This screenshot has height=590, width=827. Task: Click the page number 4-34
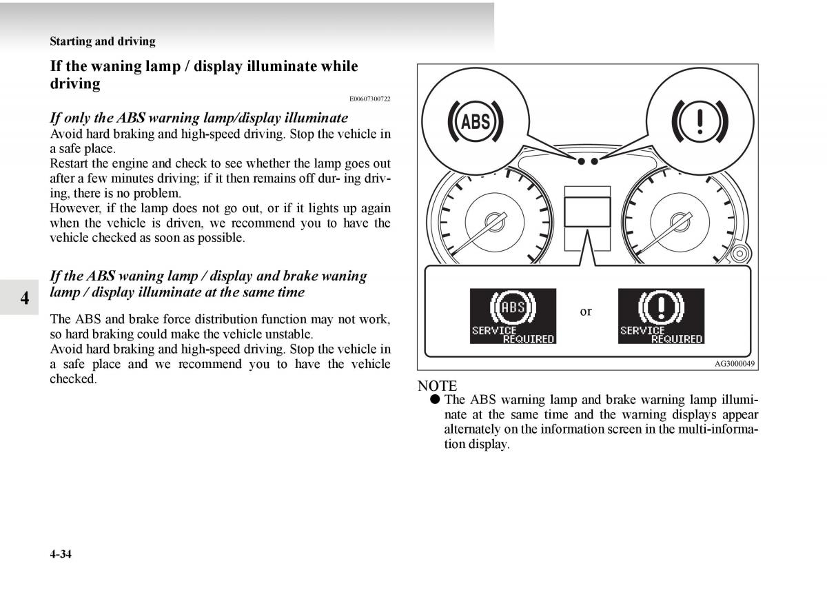tap(61, 554)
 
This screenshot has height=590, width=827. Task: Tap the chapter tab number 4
tap(25, 298)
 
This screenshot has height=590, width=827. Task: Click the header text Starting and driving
tap(103, 41)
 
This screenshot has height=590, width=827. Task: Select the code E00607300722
tap(369, 99)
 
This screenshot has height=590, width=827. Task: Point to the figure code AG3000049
tap(735, 363)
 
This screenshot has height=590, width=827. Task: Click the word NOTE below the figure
tap(437, 386)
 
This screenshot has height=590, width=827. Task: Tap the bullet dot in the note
tap(435, 399)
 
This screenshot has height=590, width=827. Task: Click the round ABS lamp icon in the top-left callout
tap(476, 121)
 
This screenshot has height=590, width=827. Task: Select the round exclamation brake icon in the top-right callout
tap(700, 121)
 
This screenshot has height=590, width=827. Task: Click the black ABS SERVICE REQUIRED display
tap(513, 316)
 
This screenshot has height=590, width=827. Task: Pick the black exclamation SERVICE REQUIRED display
tap(661, 316)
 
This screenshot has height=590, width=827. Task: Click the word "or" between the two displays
tap(586, 312)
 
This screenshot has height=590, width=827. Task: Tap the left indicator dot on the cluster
tap(581, 161)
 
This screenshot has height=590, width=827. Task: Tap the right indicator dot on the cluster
tap(594, 161)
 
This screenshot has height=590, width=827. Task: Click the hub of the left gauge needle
tap(495, 222)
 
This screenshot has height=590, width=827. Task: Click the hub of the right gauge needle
tap(680, 222)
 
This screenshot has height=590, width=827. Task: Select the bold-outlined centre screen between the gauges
tap(587, 212)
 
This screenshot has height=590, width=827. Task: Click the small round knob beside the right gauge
tap(740, 254)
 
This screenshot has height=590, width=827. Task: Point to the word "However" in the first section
tap(75, 208)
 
